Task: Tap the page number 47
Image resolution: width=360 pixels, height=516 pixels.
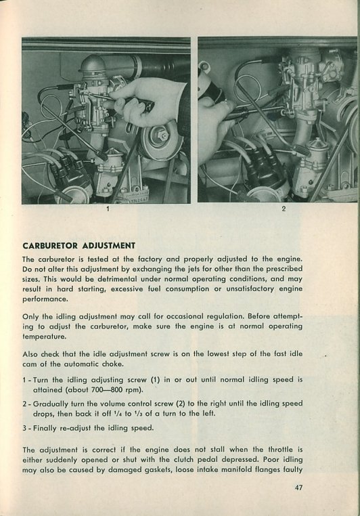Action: [x=298, y=488]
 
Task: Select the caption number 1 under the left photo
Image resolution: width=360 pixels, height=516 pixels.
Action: [x=108, y=209]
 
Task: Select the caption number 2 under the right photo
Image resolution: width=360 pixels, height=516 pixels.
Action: [x=284, y=209]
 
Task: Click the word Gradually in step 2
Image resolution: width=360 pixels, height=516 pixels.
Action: [x=49, y=404]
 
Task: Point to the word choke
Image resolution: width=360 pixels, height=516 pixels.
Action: [x=113, y=364]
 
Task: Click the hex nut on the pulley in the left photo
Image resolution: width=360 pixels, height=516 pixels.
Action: [x=162, y=135]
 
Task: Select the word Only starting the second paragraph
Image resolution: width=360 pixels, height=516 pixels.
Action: [x=30, y=317]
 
